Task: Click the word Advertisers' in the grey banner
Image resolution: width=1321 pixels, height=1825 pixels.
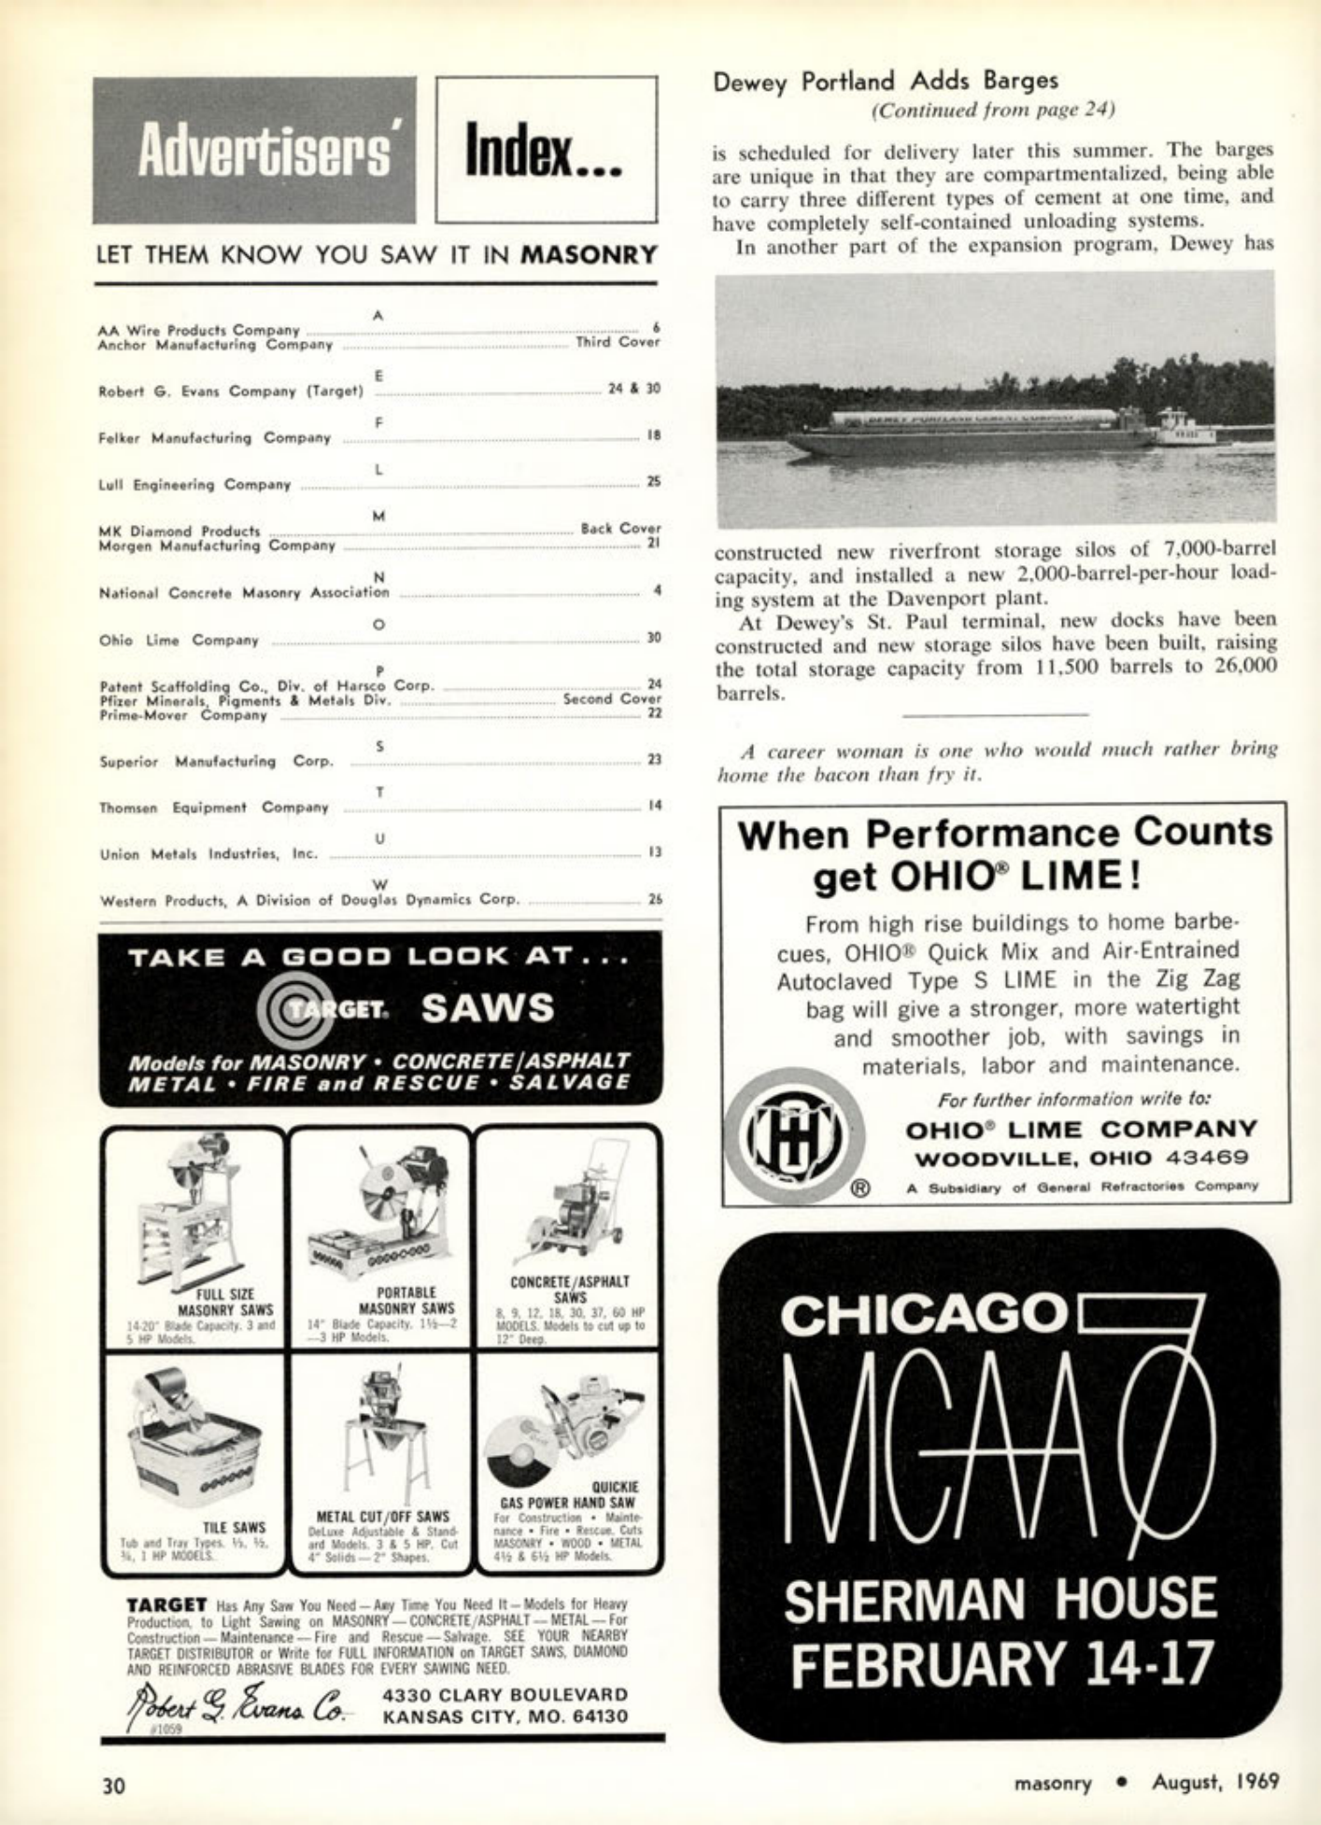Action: click(x=263, y=152)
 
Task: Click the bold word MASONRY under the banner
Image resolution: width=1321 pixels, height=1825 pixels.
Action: click(x=589, y=254)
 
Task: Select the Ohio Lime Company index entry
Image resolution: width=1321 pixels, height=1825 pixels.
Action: click(x=179, y=640)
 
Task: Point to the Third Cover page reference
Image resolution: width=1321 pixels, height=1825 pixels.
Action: click(x=618, y=342)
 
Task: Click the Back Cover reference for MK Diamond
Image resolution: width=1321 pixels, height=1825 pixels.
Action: click(x=619, y=528)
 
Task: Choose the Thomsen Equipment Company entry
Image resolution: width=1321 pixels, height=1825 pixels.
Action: click(x=214, y=807)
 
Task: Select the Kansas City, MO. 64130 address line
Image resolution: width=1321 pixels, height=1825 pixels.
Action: click(x=505, y=1716)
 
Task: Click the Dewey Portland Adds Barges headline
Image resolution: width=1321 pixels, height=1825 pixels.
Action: click(x=885, y=81)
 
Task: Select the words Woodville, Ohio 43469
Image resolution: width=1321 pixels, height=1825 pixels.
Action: click(x=1082, y=1158)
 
